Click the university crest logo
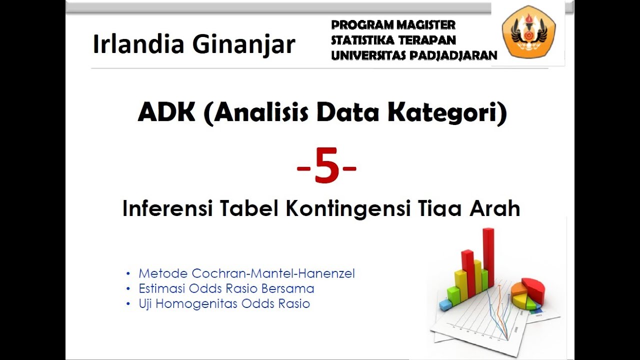click(528, 32)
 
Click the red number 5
click(326, 168)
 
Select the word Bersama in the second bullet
click(292, 288)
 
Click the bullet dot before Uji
click(128, 304)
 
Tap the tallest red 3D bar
click(488, 257)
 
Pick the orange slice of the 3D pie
click(519, 290)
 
